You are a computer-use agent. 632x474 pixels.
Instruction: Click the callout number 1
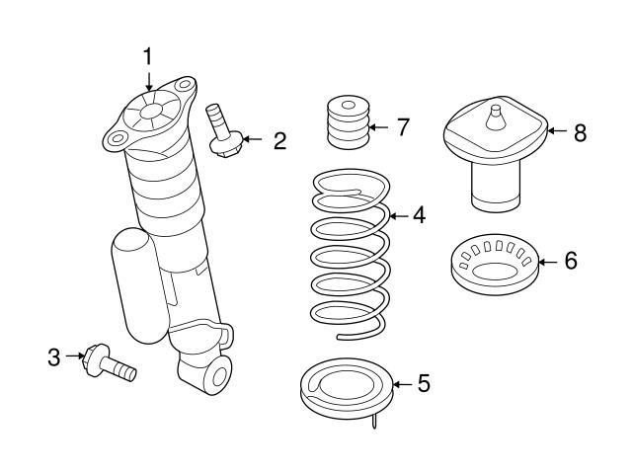(x=148, y=56)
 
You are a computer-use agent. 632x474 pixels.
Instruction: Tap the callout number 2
(x=279, y=141)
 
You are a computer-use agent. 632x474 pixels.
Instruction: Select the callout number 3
(x=53, y=356)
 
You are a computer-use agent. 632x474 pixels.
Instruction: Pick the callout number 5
(x=423, y=383)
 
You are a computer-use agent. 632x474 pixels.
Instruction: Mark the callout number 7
(x=402, y=127)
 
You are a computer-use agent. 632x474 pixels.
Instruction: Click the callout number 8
(x=579, y=133)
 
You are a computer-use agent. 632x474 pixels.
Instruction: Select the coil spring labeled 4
(x=348, y=257)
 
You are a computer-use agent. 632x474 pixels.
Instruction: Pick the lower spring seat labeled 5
(x=346, y=390)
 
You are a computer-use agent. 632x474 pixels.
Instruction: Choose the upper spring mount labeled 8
(x=494, y=148)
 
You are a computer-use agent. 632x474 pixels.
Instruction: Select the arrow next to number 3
(x=73, y=356)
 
